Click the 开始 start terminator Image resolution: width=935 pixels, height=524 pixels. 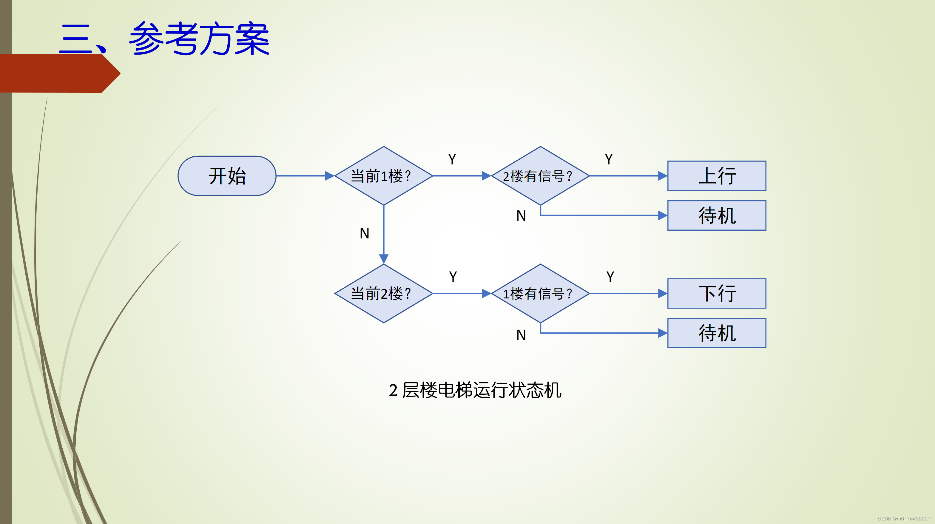[x=227, y=176]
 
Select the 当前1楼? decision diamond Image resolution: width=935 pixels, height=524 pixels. [x=383, y=176]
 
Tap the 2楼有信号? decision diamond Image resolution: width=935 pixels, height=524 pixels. [x=540, y=176]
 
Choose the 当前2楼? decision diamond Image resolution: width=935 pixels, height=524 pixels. [x=383, y=293]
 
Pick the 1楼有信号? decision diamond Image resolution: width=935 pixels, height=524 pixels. [x=540, y=293]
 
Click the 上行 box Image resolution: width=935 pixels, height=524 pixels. [x=717, y=176]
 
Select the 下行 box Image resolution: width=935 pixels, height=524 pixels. [x=717, y=293]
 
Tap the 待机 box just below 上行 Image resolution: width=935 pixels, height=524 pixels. [x=717, y=215]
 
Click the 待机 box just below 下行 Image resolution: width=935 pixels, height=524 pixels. [x=717, y=333]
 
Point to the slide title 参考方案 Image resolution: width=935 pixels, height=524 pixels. [x=199, y=38]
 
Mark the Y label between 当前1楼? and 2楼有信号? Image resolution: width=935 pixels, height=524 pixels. [x=452, y=159]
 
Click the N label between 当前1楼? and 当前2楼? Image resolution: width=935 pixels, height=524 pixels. [x=364, y=233]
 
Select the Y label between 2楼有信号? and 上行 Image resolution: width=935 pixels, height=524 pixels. [x=609, y=159]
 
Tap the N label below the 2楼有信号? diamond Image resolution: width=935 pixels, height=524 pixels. [x=521, y=216]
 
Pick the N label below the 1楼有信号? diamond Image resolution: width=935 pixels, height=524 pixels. [x=521, y=335]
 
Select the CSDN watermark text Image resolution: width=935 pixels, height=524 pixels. [x=903, y=519]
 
